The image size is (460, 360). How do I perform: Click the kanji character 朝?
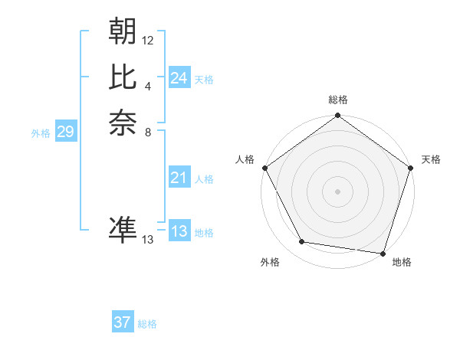coord(123,31)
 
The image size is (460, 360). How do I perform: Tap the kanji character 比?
coord(123,77)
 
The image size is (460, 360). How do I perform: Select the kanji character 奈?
coord(123,123)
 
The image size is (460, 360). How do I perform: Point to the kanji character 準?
coord(123,231)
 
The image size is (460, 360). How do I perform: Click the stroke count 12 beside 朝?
coord(148,40)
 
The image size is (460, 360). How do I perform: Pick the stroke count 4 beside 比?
coord(148,86)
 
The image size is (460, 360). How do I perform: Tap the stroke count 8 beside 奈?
coord(148,132)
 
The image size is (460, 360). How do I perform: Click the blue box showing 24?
coord(179,78)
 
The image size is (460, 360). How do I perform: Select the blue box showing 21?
coord(179,178)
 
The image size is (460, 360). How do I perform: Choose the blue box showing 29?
coord(65,132)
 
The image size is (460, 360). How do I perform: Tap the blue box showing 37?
coord(122,322)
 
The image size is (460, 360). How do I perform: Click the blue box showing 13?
coord(179,231)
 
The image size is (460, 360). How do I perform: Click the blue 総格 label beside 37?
coord(147,324)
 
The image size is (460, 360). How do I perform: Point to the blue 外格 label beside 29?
coord(41,133)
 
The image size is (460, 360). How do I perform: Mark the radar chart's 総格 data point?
coord(337,116)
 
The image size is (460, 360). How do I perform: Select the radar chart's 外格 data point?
coord(302,242)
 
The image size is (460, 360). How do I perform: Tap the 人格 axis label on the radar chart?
coord(245,159)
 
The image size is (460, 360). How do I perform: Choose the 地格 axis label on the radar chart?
coord(402,262)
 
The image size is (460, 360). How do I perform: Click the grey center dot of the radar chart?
coord(337,191)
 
